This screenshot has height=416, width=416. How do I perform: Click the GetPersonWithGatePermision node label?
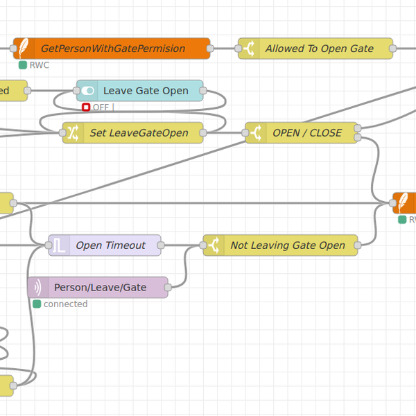point(113,49)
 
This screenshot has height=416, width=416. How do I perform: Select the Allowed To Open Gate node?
point(319,49)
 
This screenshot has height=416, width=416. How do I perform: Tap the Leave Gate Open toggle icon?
point(88,91)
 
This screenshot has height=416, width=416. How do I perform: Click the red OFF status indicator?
point(86,107)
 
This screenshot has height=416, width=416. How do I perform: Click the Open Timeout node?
point(110,245)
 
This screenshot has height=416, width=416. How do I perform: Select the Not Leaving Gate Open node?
point(287,245)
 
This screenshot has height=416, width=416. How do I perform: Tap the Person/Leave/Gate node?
point(100,287)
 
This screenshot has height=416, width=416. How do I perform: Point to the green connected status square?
point(37,304)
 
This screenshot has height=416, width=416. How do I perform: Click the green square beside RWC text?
point(23,65)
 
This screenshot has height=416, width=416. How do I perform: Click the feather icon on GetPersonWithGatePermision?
point(24,49)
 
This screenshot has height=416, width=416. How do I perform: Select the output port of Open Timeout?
point(162,245)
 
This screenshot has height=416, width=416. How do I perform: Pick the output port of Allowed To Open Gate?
point(393,49)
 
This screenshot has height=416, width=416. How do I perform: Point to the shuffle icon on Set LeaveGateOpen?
point(73,133)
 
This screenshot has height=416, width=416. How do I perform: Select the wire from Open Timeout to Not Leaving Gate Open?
point(182,245)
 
